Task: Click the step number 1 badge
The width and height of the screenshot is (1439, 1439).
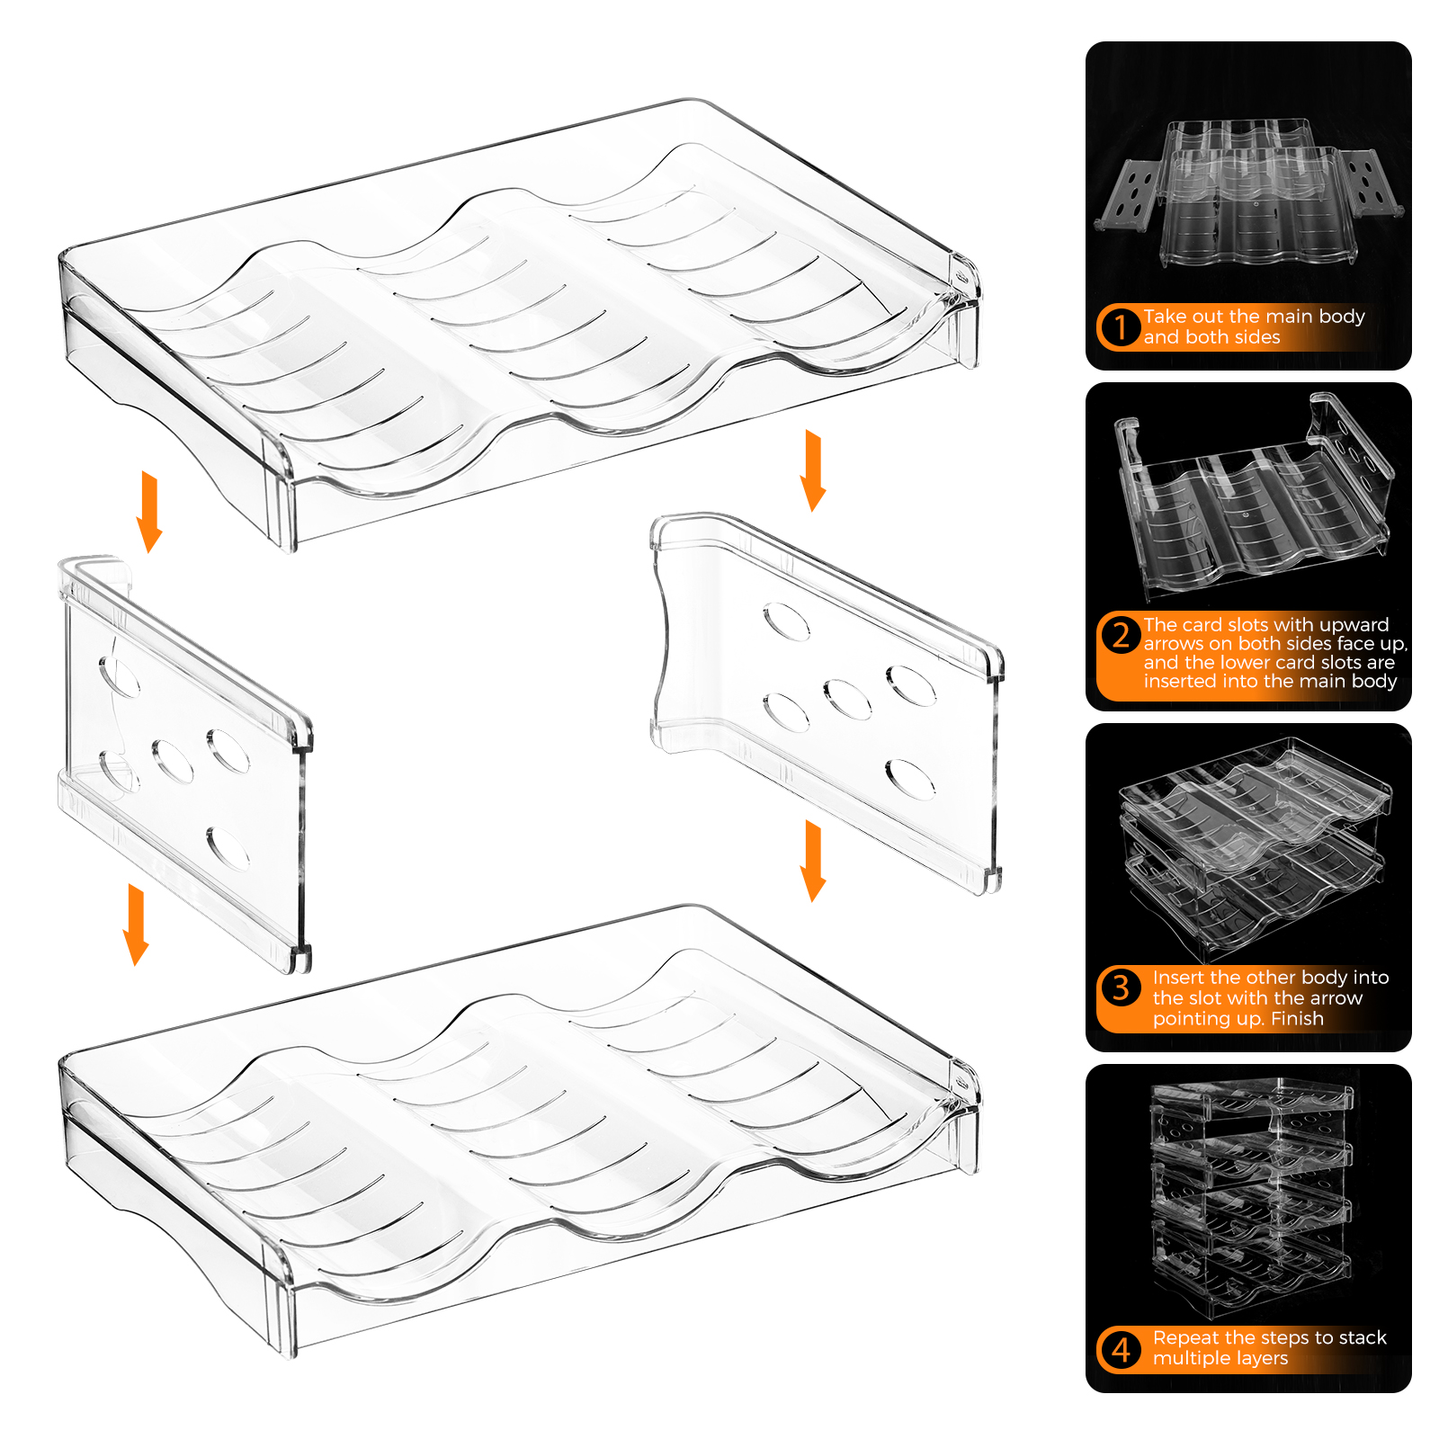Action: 1121,326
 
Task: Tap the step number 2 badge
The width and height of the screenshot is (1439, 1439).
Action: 1121,635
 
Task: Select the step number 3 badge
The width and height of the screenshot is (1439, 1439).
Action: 1121,988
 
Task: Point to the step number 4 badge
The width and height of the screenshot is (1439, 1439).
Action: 1121,1349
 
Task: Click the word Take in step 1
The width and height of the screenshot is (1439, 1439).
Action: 1165,317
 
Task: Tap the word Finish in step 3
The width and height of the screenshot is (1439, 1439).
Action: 1298,1018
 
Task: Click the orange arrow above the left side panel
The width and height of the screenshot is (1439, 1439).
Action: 149,512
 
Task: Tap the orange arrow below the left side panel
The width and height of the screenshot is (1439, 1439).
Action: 136,925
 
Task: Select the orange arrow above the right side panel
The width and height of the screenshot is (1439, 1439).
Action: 813,470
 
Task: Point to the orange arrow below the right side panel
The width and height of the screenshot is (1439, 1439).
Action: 813,861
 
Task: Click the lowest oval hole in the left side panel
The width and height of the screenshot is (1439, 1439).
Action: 228,849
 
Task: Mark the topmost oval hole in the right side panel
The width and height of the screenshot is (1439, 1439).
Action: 786,621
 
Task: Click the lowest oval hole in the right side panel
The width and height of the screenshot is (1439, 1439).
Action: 910,780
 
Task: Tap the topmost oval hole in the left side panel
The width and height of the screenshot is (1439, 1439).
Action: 120,676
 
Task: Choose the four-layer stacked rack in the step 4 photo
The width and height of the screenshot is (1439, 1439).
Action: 1252,1200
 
